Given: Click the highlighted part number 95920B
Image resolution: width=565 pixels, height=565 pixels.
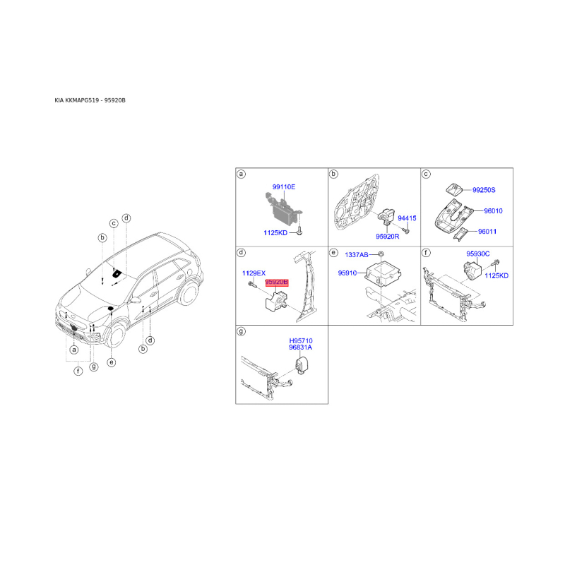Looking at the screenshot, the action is (x=277, y=282).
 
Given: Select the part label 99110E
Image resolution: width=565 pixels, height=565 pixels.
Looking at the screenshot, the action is (x=284, y=186).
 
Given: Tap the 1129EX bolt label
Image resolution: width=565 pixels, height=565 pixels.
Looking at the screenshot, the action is (x=254, y=273).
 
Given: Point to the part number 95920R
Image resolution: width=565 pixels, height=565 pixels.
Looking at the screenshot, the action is (x=387, y=237).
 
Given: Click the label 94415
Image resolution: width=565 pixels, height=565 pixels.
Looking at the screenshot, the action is (x=407, y=218).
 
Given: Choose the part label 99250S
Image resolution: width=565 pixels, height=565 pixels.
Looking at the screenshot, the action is (x=484, y=190).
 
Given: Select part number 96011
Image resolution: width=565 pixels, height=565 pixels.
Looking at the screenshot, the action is (x=487, y=232).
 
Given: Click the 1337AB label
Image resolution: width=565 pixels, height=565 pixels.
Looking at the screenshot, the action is (x=357, y=255).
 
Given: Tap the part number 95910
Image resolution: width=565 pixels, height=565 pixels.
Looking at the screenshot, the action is (x=347, y=273).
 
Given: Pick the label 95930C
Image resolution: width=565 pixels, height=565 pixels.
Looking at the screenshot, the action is (x=478, y=254).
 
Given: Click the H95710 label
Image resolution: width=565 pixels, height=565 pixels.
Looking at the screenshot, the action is (x=301, y=341).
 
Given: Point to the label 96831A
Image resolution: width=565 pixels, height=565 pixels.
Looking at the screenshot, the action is (x=301, y=347).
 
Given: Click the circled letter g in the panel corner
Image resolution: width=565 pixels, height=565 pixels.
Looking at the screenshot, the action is (x=241, y=331).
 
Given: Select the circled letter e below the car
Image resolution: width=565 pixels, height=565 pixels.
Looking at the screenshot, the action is (x=112, y=362).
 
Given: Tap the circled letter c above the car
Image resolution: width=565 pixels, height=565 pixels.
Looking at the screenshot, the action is (x=114, y=223).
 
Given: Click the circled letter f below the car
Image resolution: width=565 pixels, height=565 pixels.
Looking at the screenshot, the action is (x=78, y=371).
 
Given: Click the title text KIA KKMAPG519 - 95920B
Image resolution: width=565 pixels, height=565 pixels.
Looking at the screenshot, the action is (x=90, y=100).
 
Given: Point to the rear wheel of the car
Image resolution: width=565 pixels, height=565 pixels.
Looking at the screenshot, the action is (x=188, y=294).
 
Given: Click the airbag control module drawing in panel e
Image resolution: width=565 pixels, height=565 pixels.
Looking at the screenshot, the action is (x=383, y=275).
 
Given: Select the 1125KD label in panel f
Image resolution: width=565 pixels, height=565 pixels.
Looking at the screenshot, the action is (x=496, y=275).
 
